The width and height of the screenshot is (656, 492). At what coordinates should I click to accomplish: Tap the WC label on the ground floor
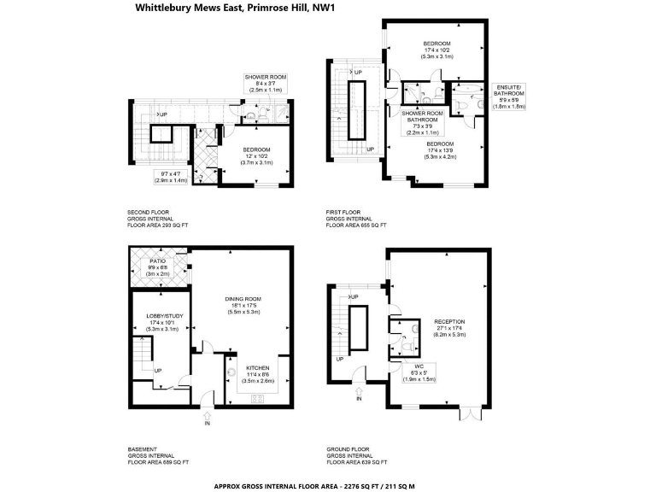pos(419,368)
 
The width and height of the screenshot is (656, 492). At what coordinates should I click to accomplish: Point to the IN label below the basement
pos(206,423)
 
